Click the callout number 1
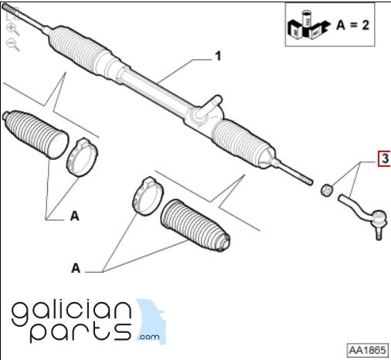pyautogui.click(x=218, y=56)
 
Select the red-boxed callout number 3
pyautogui.click(x=384, y=159)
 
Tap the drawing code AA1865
pyautogui.click(x=368, y=350)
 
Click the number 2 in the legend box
pyautogui.click(x=365, y=25)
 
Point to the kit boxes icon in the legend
pyautogui.click(x=308, y=25)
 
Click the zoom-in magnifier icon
pyautogui.click(x=13, y=29)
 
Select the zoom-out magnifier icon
pyautogui.click(x=13, y=45)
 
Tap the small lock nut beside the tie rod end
pyautogui.click(x=327, y=190)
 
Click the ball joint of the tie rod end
pyautogui.click(x=379, y=218)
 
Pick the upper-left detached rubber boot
pyautogui.click(x=36, y=134)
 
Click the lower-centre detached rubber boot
pyautogui.click(x=195, y=226)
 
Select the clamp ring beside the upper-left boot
pyautogui.click(x=82, y=158)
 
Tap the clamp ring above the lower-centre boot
pyautogui.click(x=148, y=195)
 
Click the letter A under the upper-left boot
pyautogui.click(x=74, y=216)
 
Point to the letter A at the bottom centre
pyautogui.click(x=76, y=268)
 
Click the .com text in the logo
pyautogui.click(x=149, y=337)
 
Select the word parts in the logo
pyautogui.click(x=80, y=332)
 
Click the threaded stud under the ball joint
pyautogui.click(x=379, y=233)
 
